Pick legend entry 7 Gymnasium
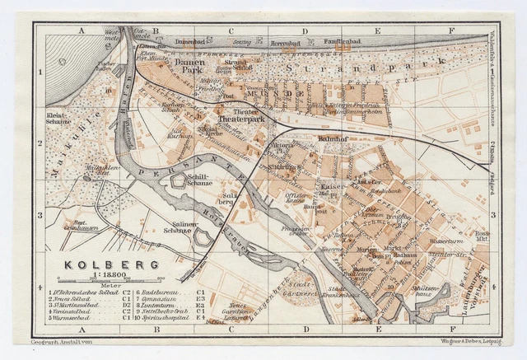(x=166, y=298)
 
